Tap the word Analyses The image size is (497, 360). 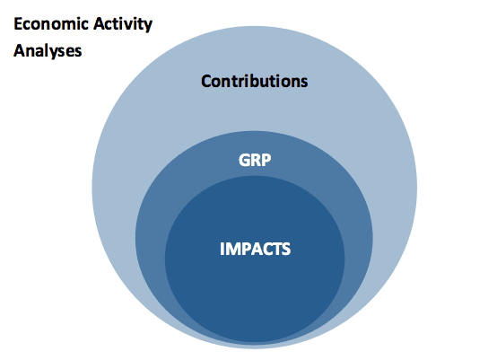tap(48, 51)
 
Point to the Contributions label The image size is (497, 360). tap(255, 81)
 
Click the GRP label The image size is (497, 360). tap(255, 160)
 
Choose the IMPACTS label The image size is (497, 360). tap(255, 249)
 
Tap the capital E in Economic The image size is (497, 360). tap(18, 23)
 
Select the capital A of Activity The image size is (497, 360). tap(100, 23)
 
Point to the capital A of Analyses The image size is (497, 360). tap(19, 51)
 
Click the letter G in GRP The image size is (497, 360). tap(244, 160)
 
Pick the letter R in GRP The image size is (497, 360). tap(257, 160)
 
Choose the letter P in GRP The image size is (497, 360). tap(266, 160)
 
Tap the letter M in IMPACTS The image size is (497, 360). tap(232, 249)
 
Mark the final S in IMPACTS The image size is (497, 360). tap(286, 249)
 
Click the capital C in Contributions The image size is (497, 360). tap(206, 81)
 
